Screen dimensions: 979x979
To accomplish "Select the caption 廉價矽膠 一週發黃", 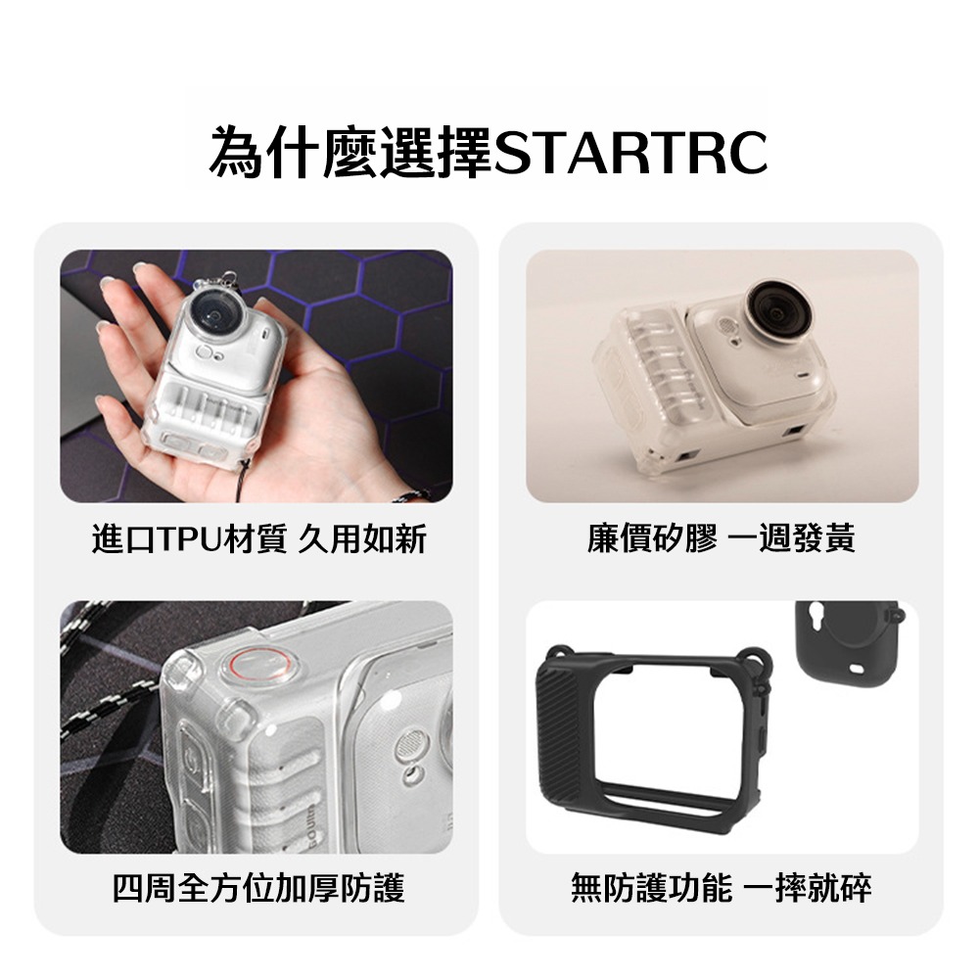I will coord(722,537).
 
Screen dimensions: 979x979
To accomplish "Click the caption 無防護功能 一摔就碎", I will coord(722,888).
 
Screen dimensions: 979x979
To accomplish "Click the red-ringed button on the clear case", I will coord(252,666).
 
